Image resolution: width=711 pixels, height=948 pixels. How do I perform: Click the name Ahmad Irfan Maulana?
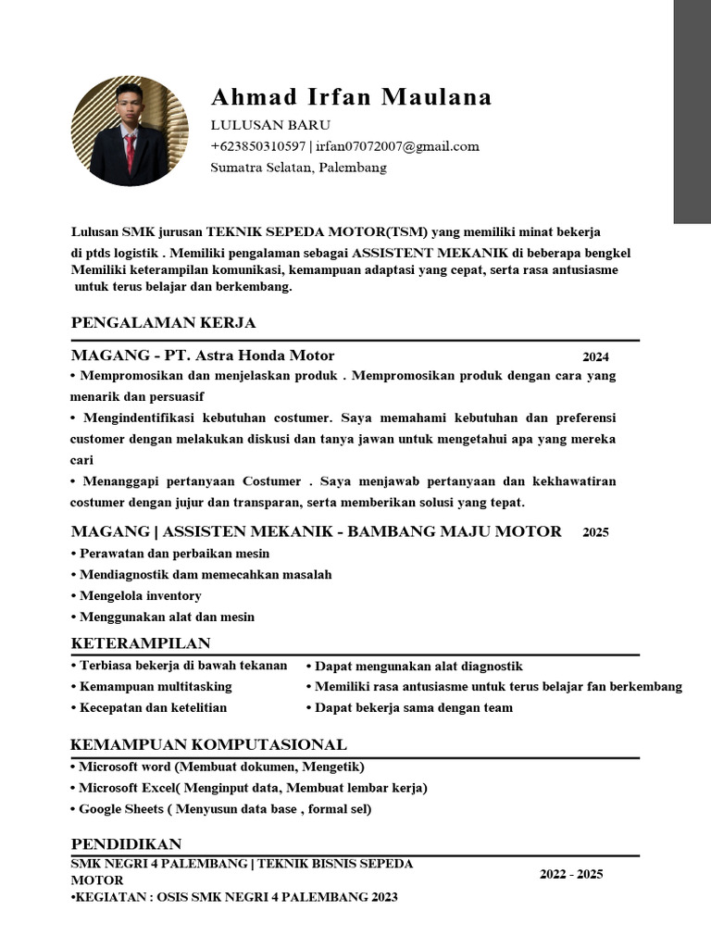[351, 97]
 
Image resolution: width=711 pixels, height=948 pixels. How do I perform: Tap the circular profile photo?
[130, 131]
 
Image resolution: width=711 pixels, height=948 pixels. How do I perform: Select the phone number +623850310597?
[258, 146]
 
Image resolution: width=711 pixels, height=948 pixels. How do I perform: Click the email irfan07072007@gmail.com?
[397, 146]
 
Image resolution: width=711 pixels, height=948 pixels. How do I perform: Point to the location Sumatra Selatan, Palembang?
[298, 168]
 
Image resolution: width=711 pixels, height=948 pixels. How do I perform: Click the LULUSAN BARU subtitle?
[270, 125]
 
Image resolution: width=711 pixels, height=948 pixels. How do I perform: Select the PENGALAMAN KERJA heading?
[163, 323]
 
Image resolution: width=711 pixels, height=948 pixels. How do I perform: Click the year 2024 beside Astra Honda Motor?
[595, 356]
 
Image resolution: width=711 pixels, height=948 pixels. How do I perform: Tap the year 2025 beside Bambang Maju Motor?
[595, 532]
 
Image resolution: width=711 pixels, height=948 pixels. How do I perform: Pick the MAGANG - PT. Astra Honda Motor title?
[203, 355]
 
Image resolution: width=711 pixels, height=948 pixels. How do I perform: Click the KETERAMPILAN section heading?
[141, 643]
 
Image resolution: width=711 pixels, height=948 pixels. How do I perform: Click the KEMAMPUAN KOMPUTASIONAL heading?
[209, 745]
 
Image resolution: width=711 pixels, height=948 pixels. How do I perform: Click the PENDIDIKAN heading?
[126, 844]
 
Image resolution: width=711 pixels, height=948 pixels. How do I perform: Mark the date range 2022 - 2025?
[571, 875]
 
